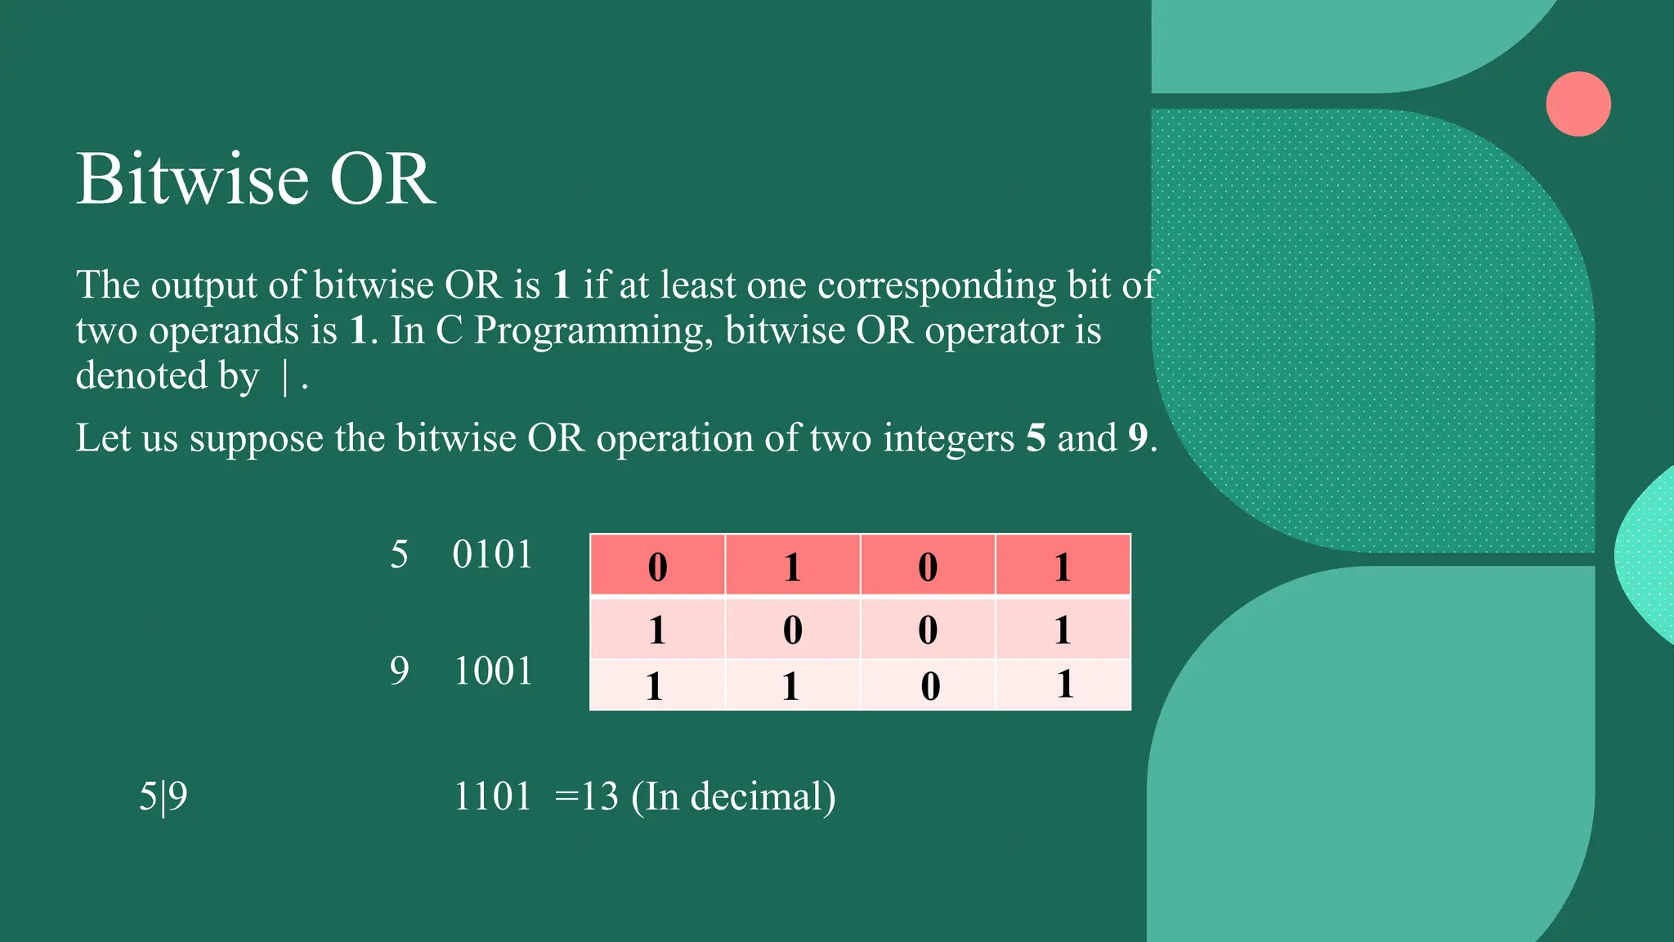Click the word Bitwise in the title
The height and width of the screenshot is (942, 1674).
point(193,179)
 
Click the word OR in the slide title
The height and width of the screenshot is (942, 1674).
point(382,179)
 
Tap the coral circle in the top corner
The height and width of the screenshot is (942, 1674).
point(1578,104)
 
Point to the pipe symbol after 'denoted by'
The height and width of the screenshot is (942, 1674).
point(284,379)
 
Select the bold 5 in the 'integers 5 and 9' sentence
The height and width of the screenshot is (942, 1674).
point(1036,438)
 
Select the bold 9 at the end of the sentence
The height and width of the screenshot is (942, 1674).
point(1138,438)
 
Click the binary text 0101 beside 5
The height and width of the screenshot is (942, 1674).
point(492,555)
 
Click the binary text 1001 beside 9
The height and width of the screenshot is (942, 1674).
point(492,671)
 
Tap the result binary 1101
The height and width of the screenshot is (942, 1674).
point(492,796)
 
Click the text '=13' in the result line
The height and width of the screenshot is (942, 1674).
point(586,796)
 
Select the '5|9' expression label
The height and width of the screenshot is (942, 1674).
point(163,796)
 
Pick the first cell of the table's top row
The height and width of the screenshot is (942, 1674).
point(657,566)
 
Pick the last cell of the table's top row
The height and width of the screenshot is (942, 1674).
point(1063,566)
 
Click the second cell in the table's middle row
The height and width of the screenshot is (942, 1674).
point(792,630)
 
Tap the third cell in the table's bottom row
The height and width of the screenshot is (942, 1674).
point(928,685)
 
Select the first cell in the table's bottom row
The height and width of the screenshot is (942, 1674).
point(657,685)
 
